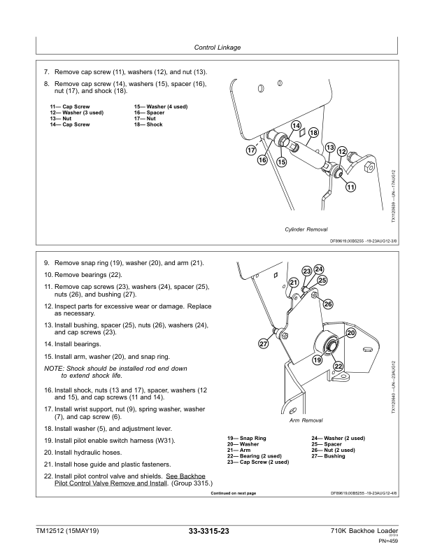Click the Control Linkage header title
click(x=215, y=48)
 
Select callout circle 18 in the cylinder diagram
click(x=313, y=133)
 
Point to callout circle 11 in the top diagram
click(x=350, y=186)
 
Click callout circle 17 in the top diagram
click(x=250, y=150)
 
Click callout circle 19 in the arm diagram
click(x=317, y=360)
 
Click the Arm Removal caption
click(x=306, y=421)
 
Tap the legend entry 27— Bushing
click(x=329, y=456)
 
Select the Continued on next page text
click(x=233, y=493)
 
